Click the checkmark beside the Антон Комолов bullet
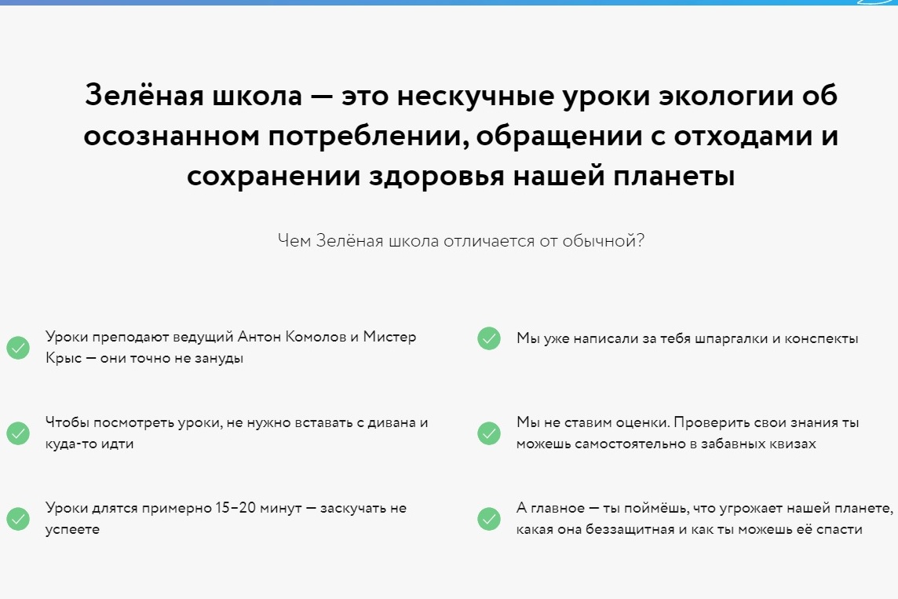pos(18,348)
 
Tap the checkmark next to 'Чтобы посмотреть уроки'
pos(18,433)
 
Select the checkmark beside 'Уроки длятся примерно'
pos(18,518)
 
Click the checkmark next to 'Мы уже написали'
pos(489,338)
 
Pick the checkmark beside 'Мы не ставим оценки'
pos(489,433)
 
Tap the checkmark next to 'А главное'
pos(489,518)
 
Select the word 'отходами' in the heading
pos(743,136)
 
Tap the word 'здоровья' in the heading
pos(436,176)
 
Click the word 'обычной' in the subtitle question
pos(603,240)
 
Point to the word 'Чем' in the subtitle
pos(294,240)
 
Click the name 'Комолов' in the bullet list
pos(316,337)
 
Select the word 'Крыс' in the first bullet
pos(64,359)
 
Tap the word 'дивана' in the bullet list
pos(391,422)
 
